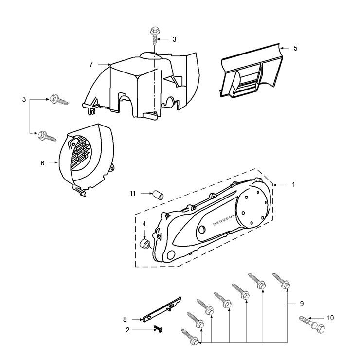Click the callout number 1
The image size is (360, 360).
click(x=293, y=185)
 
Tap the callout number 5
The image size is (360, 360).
click(x=295, y=48)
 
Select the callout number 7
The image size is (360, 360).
click(x=91, y=64)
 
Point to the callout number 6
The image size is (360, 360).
click(x=42, y=163)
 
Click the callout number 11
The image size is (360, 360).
click(x=132, y=193)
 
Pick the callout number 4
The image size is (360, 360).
click(x=144, y=224)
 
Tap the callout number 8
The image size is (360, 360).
click(x=125, y=319)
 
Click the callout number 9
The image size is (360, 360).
click(x=302, y=304)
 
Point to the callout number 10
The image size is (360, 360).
click(x=331, y=318)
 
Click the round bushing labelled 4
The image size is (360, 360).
click(x=144, y=243)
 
